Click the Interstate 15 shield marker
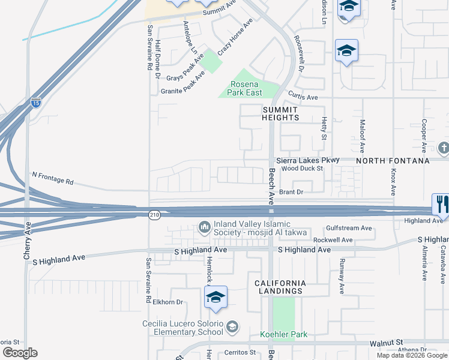pos(36,103)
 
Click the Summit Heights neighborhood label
pos(280,113)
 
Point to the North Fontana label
pos(393,161)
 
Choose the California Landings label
pos(280,287)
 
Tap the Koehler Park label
pos(283,334)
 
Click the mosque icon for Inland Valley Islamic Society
pos(203,227)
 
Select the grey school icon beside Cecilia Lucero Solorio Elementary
pos(232,327)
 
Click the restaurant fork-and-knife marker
pos(441,204)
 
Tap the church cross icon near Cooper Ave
pos(444,148)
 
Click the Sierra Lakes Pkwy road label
pos(307,160)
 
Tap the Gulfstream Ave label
pos(349,228)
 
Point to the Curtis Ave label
pos(303,97)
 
